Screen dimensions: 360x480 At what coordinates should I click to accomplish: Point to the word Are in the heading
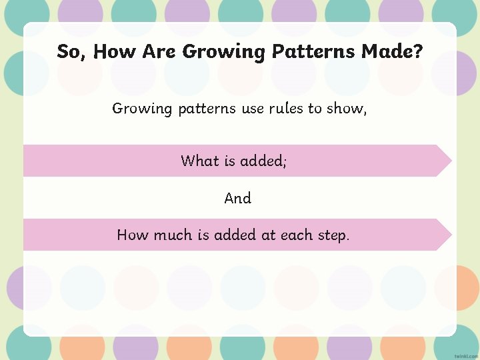pos(160,51)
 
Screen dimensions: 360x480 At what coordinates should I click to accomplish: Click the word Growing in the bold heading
pos(223,51)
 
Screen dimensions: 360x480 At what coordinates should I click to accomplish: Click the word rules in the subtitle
pos(286,108)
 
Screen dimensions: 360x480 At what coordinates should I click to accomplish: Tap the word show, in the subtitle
pos(347,108)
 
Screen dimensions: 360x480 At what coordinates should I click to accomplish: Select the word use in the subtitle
pos(253,108)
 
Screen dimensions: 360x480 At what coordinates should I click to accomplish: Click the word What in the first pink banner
pos(199,161)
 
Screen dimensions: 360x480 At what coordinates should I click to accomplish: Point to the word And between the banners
pos(238,198)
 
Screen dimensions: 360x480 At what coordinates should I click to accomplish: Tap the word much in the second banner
pos(172,235)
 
